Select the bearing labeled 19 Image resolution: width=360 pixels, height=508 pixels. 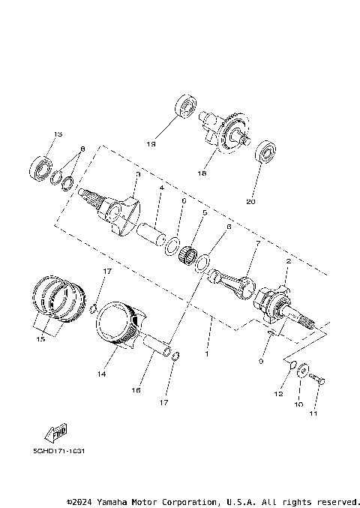point(185,104)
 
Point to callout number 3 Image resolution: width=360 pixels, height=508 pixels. point(137,174)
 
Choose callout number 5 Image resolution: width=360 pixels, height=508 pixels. point(204,213)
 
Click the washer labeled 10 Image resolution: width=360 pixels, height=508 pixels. point(301,372)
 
